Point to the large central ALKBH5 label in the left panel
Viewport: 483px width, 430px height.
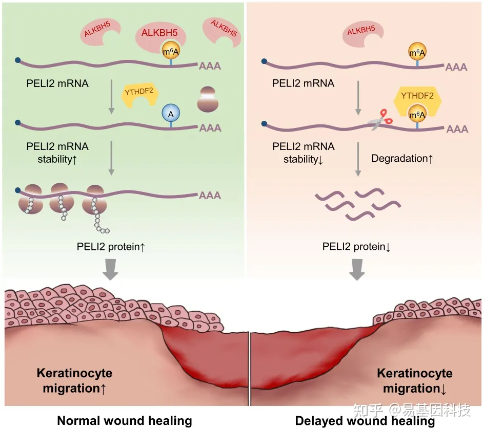[160, 34]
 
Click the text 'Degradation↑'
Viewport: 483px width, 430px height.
[402, 158]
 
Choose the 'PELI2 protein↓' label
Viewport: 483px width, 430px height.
[357, 247]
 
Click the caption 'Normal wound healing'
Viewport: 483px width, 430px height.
[125, 421]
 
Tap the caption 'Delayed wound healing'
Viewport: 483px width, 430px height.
[365, 421]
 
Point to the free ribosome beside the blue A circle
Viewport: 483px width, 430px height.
[207, 100]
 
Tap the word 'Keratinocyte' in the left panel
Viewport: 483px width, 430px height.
[74, 373]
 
